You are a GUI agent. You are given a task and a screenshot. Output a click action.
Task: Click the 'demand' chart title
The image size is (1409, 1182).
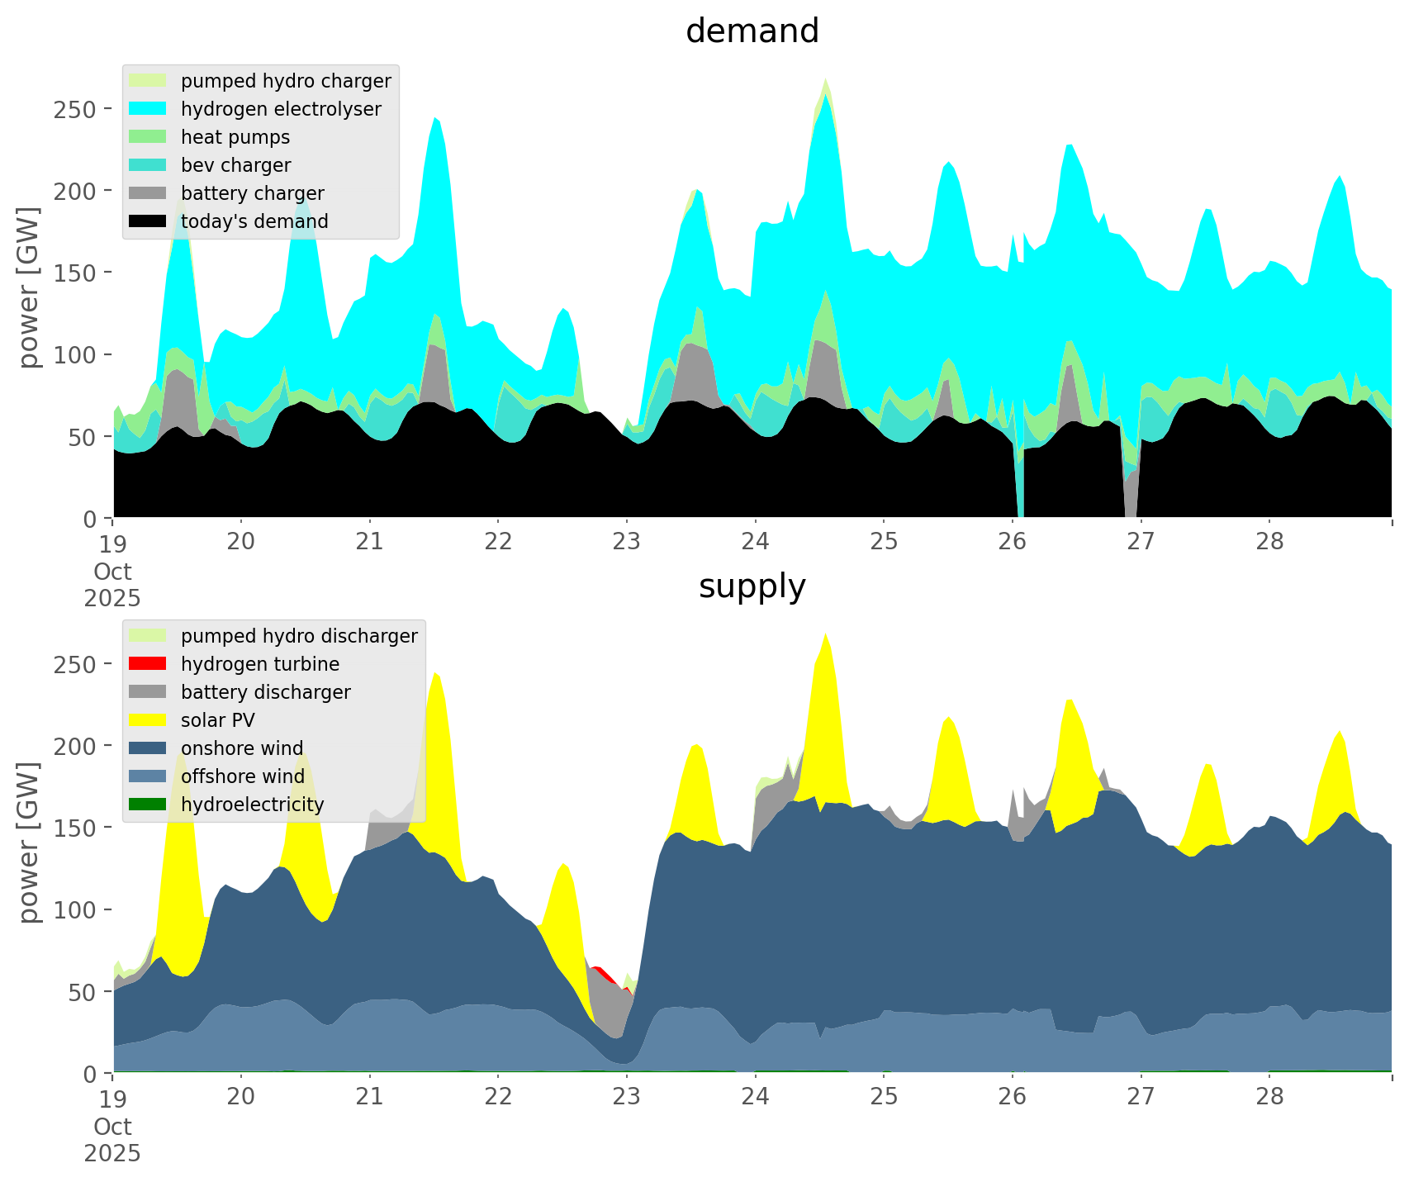[752, 31]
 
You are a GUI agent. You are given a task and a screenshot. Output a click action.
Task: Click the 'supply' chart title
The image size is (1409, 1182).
[752, 586]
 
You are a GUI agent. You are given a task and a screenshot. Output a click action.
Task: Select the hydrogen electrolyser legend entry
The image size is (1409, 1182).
[281, 109]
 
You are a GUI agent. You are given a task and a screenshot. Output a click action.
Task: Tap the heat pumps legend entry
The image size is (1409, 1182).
[235, 137]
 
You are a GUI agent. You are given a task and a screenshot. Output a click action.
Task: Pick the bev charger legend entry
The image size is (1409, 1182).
[235, 165]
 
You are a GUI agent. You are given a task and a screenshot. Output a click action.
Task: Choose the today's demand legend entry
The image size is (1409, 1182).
[254, 221]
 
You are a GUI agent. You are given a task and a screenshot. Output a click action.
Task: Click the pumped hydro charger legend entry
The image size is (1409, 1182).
[286, 81]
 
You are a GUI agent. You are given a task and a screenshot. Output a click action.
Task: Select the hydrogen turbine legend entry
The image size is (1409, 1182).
[260, 664]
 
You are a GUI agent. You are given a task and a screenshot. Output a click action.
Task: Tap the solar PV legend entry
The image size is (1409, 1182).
[218, 720]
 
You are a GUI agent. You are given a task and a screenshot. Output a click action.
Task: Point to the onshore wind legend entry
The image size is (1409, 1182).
[242, 748]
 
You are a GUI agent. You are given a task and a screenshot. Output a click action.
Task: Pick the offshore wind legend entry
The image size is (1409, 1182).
[243, 776]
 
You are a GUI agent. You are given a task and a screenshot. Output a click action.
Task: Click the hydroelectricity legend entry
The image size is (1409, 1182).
[253, 805]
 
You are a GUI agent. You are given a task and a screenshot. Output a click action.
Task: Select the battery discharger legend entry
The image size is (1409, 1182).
[266, 692]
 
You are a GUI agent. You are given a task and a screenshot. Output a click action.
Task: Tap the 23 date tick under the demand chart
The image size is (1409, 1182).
[627, 542]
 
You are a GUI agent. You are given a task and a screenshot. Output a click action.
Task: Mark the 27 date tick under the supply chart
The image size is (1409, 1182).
[1141, 1097]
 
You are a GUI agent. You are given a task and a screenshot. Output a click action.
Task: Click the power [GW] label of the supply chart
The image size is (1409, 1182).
[29, 843]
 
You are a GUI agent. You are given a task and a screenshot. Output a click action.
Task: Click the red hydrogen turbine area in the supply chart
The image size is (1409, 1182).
[601, 970]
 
